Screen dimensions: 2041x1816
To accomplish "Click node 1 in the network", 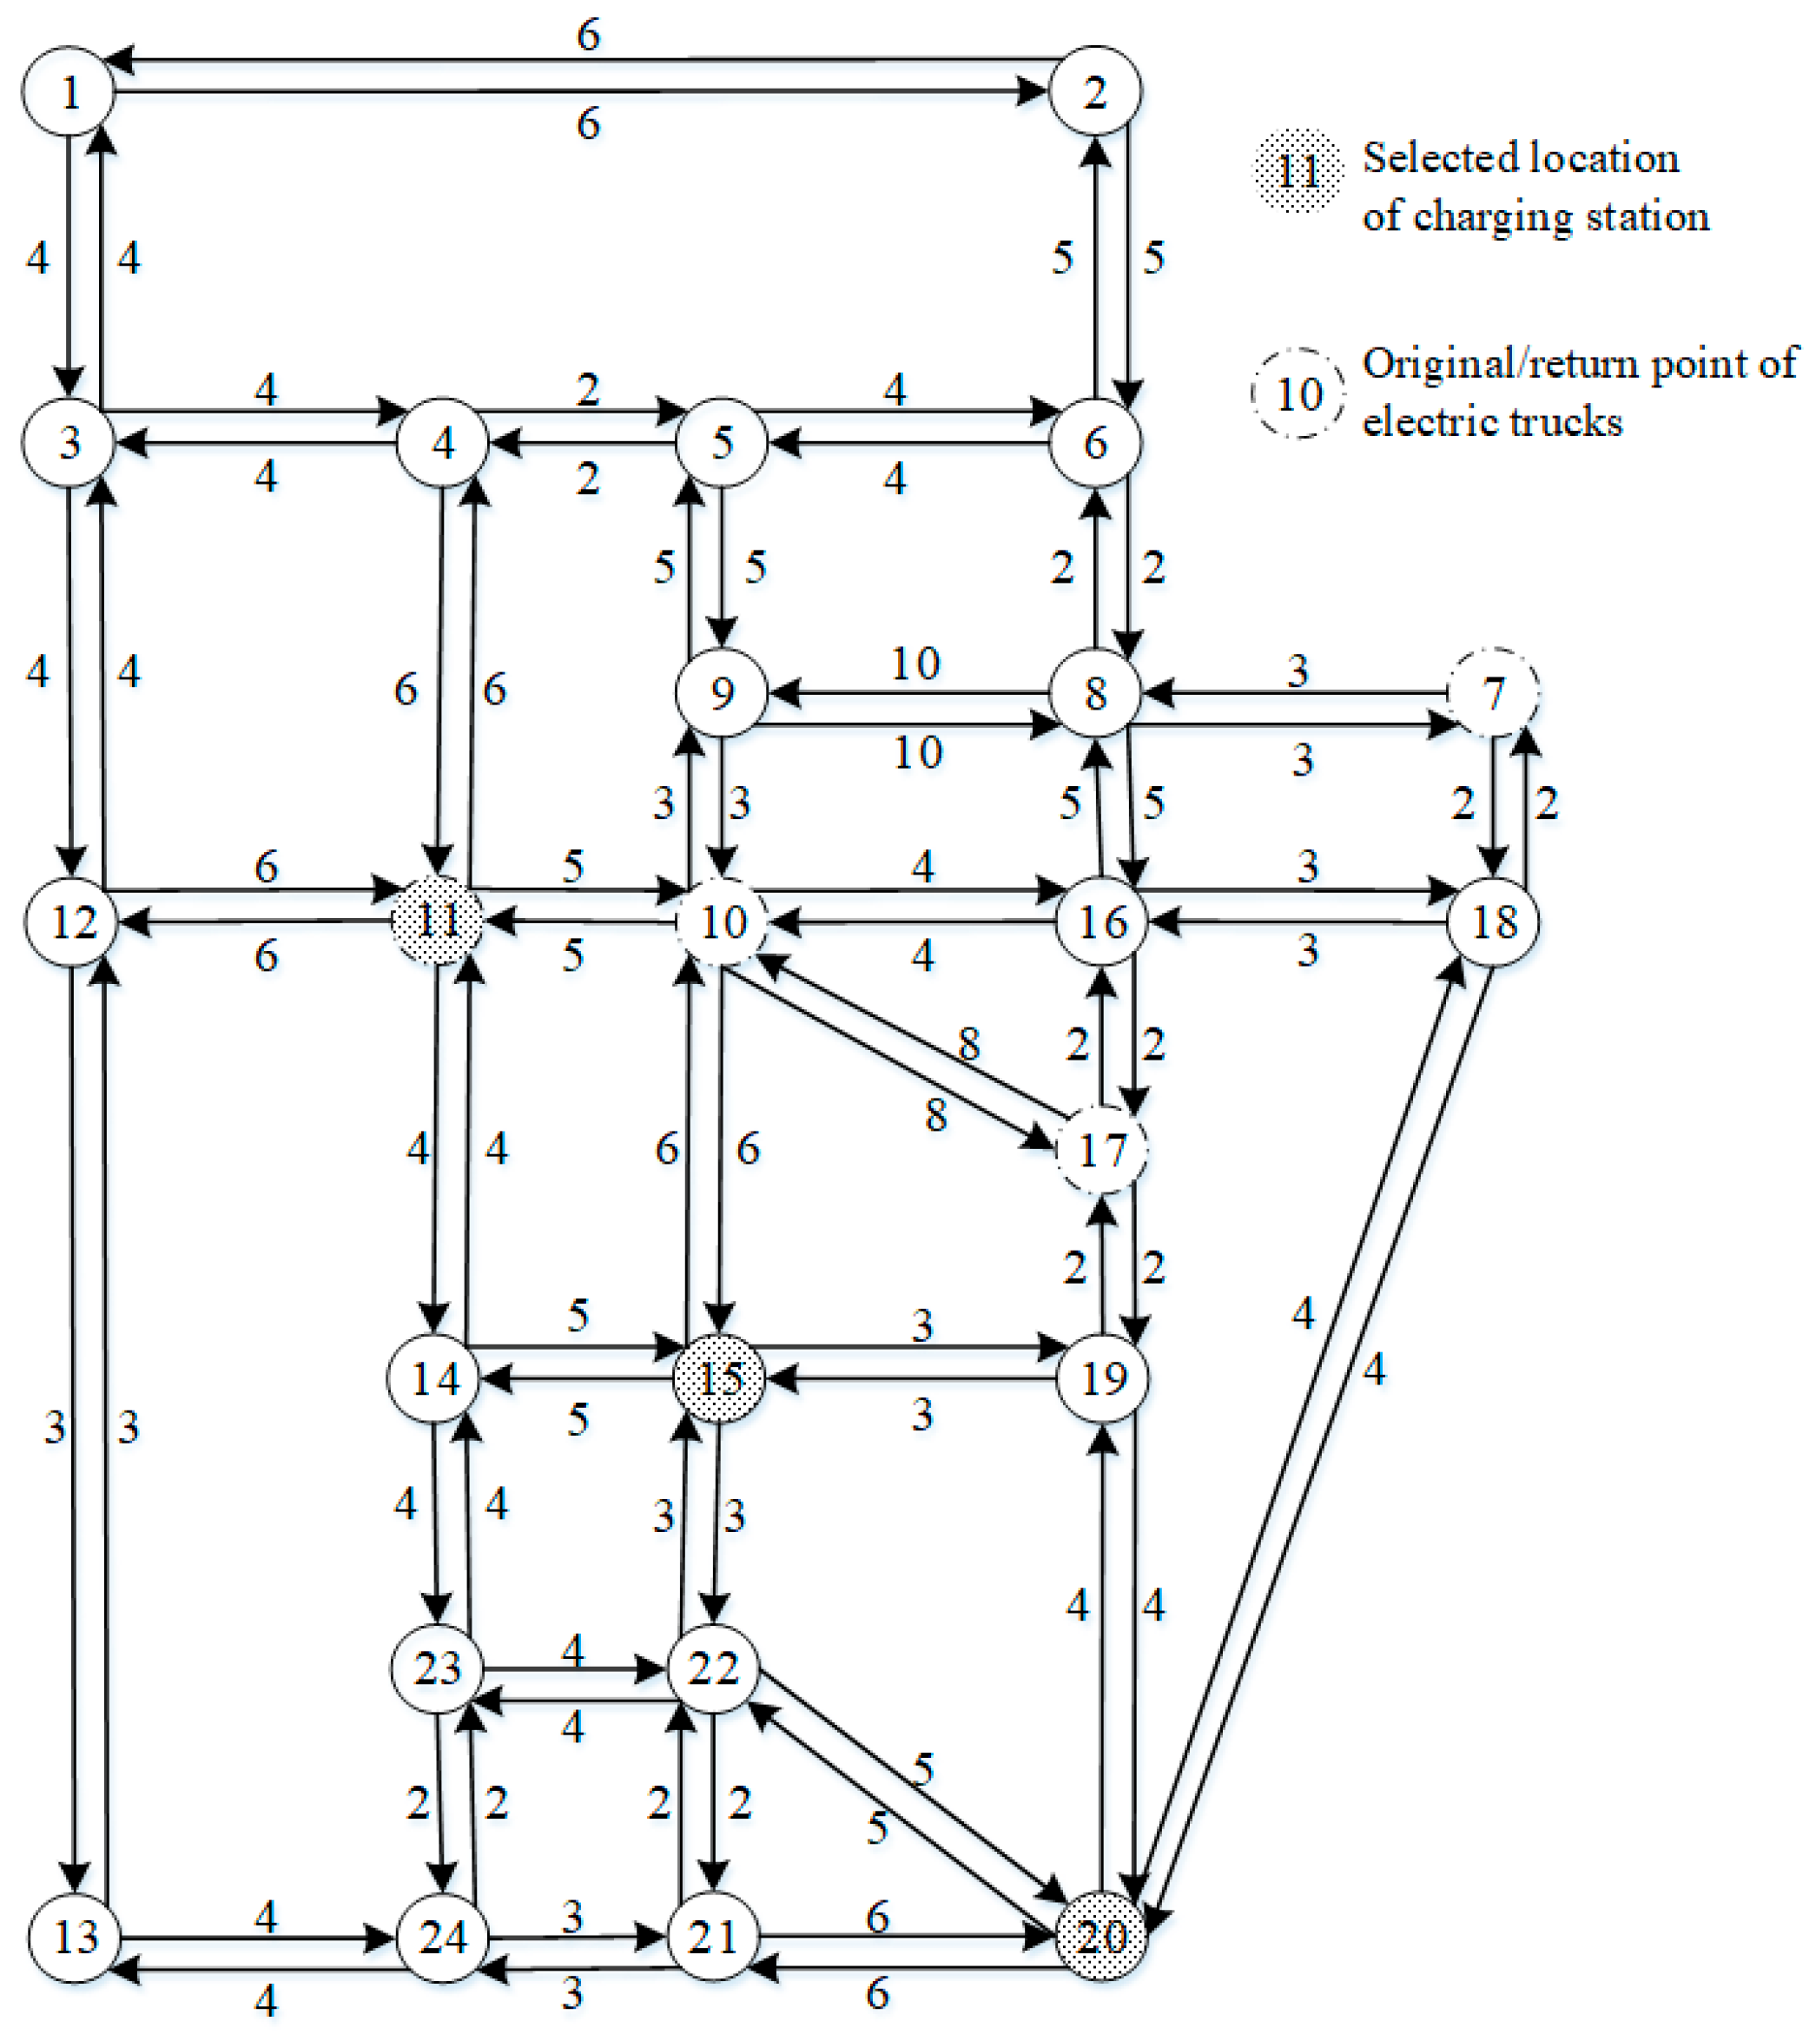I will pyautogui.click(x=69, y=92).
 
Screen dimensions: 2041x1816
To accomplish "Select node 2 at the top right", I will pyautogui.click(x=1095, y=92).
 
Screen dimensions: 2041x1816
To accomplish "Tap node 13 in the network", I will pyautogui.click(x=76, y=1937).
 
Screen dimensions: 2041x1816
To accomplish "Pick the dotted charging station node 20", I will pyautogui.click(x=1101, y=1937).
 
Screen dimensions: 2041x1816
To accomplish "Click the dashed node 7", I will pyautogui.click(x=1493, y=693).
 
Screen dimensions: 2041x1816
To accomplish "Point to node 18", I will pyautogui.click(x=1493, y=921).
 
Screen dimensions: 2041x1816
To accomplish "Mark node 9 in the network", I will pyautogui.click(x=721, y=693).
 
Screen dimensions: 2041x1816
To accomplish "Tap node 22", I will pyautogui.click(x=713, y=1668).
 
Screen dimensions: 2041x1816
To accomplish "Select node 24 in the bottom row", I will pyautogui.click(x=442, y=1937).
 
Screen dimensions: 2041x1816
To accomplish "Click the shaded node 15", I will pyautogui.click(x=719, y=1379).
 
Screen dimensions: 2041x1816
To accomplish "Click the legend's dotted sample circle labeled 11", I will pyautogui.click(x=1298, y=171).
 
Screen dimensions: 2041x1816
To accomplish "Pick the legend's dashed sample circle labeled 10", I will pyautogui.click(x=1298, y=393).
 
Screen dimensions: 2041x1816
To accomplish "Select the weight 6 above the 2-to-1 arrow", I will pyautogui.click(x=588, y=36).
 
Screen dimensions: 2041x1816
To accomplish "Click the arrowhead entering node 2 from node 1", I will pyautogui.click(x=1034, y=92).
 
